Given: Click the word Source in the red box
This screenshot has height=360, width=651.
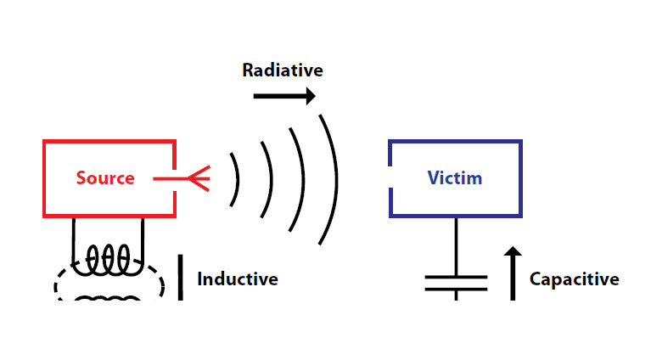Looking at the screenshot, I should click(x=105, y=178).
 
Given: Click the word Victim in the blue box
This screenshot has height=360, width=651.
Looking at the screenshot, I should click(x=454, y=178).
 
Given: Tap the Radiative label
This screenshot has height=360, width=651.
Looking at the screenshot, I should click(x=283, y=70).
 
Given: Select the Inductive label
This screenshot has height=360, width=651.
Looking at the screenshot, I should click(x=238, y=278).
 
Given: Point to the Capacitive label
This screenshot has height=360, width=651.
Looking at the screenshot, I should click(x=574, y=278).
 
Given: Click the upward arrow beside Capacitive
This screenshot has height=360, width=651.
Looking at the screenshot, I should click(x=513, y=273).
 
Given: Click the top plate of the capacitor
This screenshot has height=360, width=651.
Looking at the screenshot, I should click(x=456, y=276).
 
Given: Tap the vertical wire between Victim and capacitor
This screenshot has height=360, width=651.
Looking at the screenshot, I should click(x=456, y=246).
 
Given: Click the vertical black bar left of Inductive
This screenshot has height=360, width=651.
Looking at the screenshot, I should click(x=181, y=278).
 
